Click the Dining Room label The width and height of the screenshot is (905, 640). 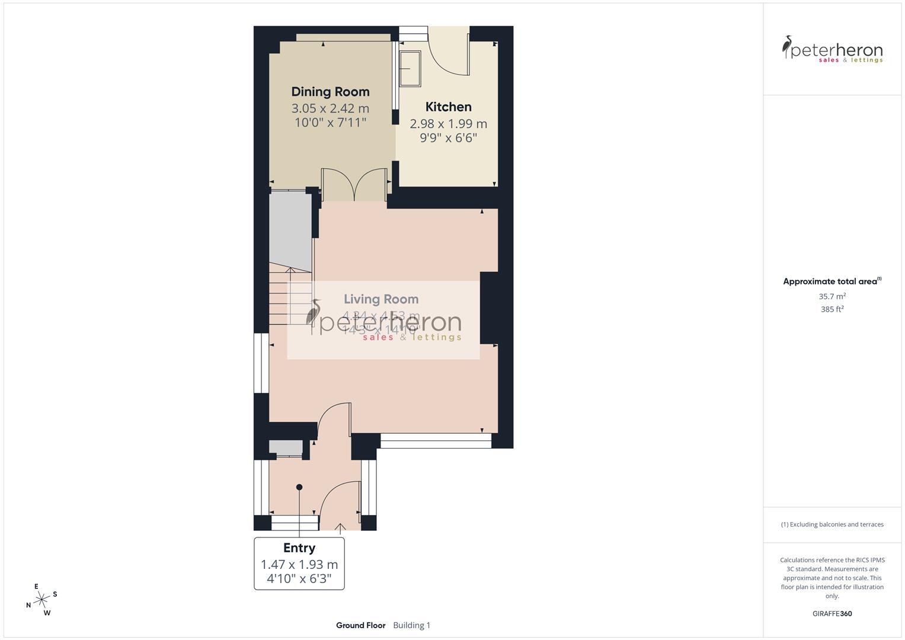[330, 92]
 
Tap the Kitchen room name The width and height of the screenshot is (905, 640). [449, 107]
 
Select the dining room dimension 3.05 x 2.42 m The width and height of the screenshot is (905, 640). [330, 108]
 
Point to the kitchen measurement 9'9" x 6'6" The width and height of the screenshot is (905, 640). [449, 138]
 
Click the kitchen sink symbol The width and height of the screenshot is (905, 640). [410, 68]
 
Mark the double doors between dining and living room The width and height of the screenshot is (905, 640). [354, 185]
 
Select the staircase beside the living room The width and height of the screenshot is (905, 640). [290, 296]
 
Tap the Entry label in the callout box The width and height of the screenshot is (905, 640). [299, 548]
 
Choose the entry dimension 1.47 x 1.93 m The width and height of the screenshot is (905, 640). [299, 565]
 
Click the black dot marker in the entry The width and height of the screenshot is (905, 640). [299, 487]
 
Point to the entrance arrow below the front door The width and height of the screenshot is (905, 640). [341, 527]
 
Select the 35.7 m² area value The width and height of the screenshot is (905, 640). [832, 296]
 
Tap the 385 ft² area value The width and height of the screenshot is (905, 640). [832, 309]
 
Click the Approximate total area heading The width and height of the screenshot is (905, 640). [831, 281]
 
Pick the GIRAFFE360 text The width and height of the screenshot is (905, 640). [832, 614]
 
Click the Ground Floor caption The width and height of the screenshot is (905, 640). [360, 625]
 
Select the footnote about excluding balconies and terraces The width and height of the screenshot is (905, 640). [832, 524]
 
